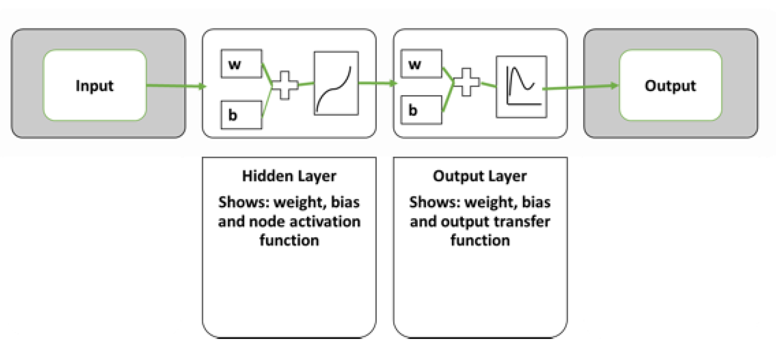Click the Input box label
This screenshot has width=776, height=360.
coord(95,86)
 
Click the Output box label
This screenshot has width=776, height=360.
coord(670,86)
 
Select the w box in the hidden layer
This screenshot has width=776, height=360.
coord(241,64)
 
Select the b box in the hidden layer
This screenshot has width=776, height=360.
coord(241,114)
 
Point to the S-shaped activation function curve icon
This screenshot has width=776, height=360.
coord(336,83)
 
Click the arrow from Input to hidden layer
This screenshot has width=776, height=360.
coord(175,86)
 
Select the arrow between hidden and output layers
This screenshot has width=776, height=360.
coord(379,84)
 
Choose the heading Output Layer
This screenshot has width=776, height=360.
coord(479,176)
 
